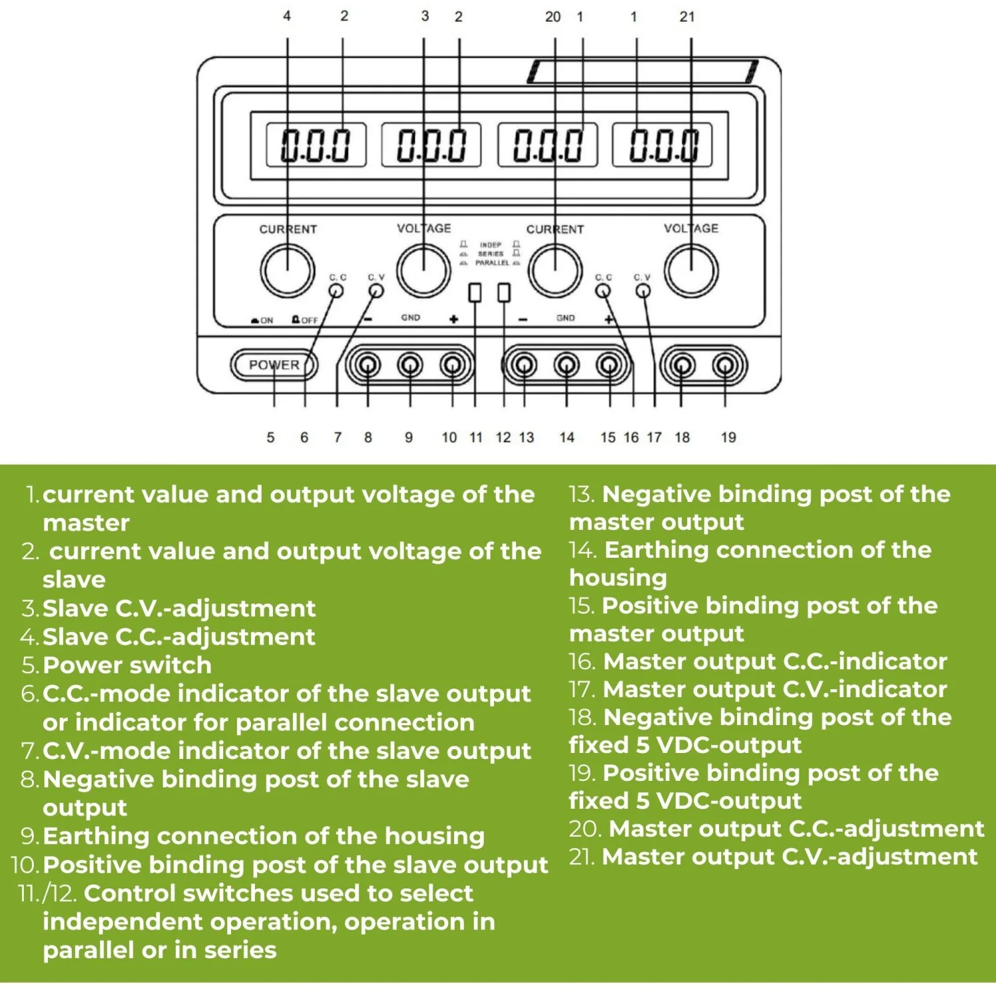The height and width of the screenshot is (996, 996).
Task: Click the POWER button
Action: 274,365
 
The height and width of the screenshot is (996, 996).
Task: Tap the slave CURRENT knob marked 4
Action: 288,270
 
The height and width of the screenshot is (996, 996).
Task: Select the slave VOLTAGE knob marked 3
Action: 424,270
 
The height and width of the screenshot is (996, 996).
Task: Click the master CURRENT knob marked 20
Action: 555,270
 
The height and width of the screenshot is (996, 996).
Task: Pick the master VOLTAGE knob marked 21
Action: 691,270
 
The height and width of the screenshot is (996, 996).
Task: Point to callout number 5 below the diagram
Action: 270,438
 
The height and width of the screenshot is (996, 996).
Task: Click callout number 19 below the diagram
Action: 728,438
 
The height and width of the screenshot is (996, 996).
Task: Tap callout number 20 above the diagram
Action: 552,17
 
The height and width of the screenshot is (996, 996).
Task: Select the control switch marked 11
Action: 475,292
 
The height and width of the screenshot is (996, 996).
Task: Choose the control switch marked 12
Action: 504,292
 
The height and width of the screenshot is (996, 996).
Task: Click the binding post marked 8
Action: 368,365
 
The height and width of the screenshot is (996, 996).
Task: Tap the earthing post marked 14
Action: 566,365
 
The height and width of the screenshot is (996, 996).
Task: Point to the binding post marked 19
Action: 724,365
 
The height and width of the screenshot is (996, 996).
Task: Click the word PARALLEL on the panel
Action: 492,263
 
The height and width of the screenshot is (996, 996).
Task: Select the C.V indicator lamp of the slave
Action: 376,291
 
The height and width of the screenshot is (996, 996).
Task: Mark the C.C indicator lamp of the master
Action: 603,291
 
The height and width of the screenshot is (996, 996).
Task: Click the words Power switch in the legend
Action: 127,665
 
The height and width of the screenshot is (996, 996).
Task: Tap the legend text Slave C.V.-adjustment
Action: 179,609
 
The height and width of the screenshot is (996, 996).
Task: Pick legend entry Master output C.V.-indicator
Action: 775,689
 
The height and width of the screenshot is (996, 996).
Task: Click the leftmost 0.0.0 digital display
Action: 315,145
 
